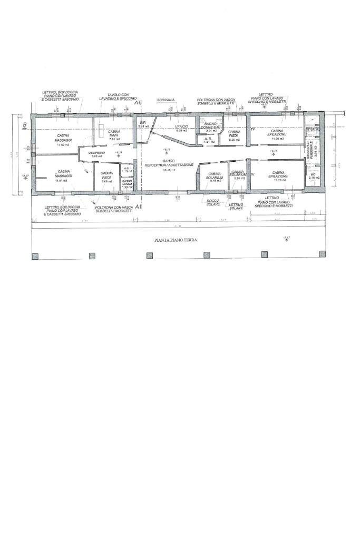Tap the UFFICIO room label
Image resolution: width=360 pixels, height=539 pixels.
coord(181,126)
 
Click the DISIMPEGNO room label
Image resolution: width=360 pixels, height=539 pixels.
coord(96,152)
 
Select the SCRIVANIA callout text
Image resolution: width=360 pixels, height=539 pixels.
coord(166,100)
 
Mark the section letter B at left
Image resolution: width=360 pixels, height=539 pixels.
coord(24,125)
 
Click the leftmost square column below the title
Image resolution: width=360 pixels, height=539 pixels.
coord(35,256)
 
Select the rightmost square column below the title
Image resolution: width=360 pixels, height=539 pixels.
coord(322,254)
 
